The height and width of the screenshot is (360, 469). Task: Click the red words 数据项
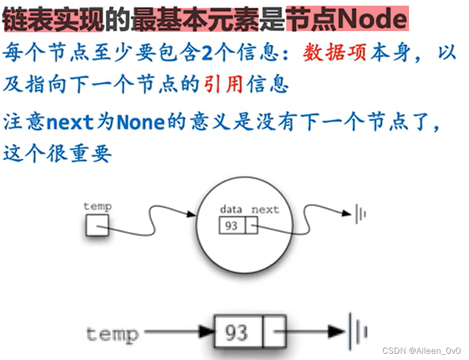pyautogui.click(x=335, y=53)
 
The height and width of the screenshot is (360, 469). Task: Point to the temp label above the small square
pyautogui.click(x=97, y=206)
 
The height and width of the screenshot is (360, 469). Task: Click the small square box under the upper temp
pyautogui.click(x=96, y=226)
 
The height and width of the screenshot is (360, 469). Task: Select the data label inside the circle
pyautogui.click(x=231, y=209)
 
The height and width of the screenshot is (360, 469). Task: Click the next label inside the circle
pyautogui.click(x=265, y=209)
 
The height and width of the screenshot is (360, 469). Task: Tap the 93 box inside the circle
pyautogui.click(x=231, y=226)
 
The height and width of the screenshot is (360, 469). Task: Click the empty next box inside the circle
pyautogui.click(x=251, y=226)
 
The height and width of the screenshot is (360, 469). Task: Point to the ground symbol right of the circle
pyautogui.click(x=360, y=214)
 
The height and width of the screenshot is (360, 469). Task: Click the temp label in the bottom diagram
pyautogui.click(x=112, y=333)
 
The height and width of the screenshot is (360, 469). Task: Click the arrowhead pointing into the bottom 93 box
pyautogui.click(x=205, y=332)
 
